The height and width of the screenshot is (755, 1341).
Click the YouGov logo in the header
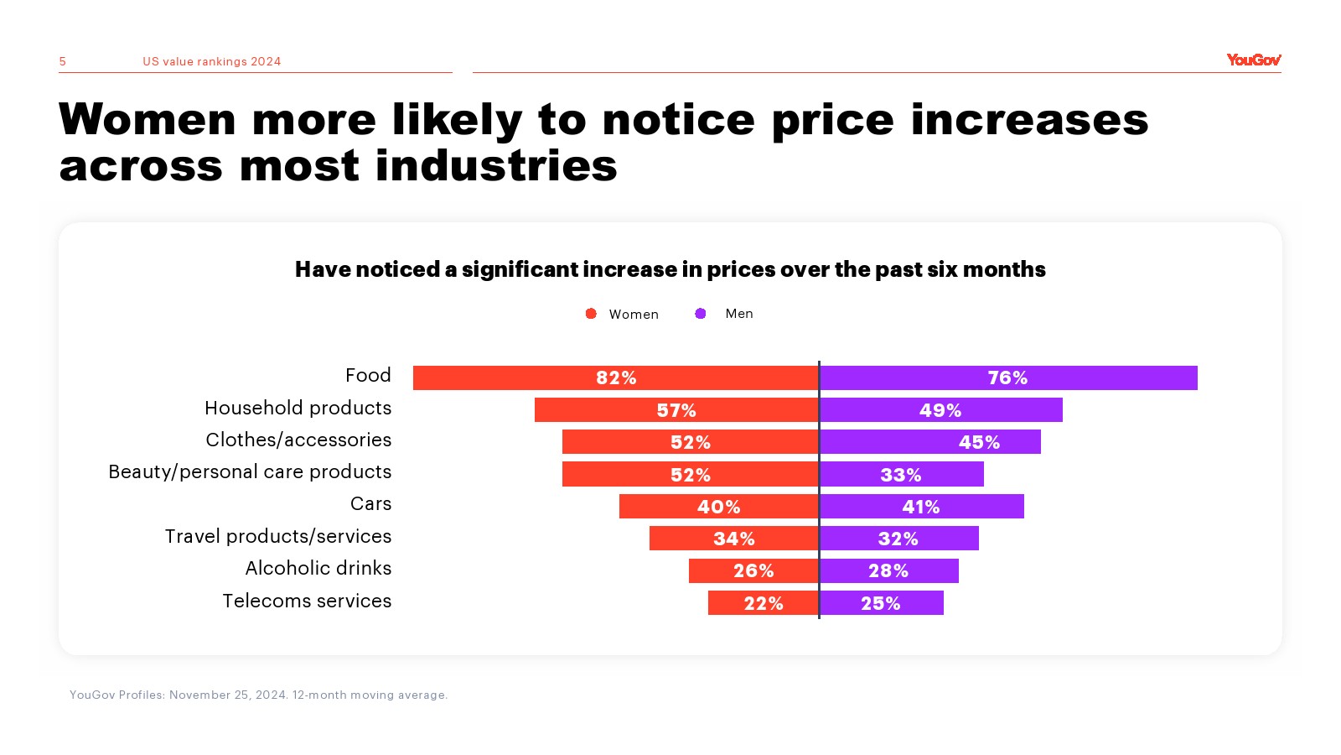click(x=1253, y=60)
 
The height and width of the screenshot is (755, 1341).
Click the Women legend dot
click(x=591, y=314)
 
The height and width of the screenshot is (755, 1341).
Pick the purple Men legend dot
click(x=701, y=314)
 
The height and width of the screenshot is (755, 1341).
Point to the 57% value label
click(x=676, y=410)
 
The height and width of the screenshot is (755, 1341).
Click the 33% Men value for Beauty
click(x=901, y=475)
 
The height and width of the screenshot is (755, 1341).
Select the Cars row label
click(x=370, y=504)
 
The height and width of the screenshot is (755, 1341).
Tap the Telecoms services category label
click(x=307, y=601)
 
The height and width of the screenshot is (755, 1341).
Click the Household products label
click(x=298, y=408)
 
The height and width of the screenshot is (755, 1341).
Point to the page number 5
click(x=63, y=61)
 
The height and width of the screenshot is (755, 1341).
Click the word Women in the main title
click(x=148, y=119)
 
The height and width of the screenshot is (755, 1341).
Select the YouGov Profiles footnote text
click(x=258, y=695)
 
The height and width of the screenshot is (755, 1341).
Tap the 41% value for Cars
click(x=920, y=507)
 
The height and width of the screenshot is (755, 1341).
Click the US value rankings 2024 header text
click(x=211, y=61)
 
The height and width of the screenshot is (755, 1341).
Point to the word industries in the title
click(x=496, y=165)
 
